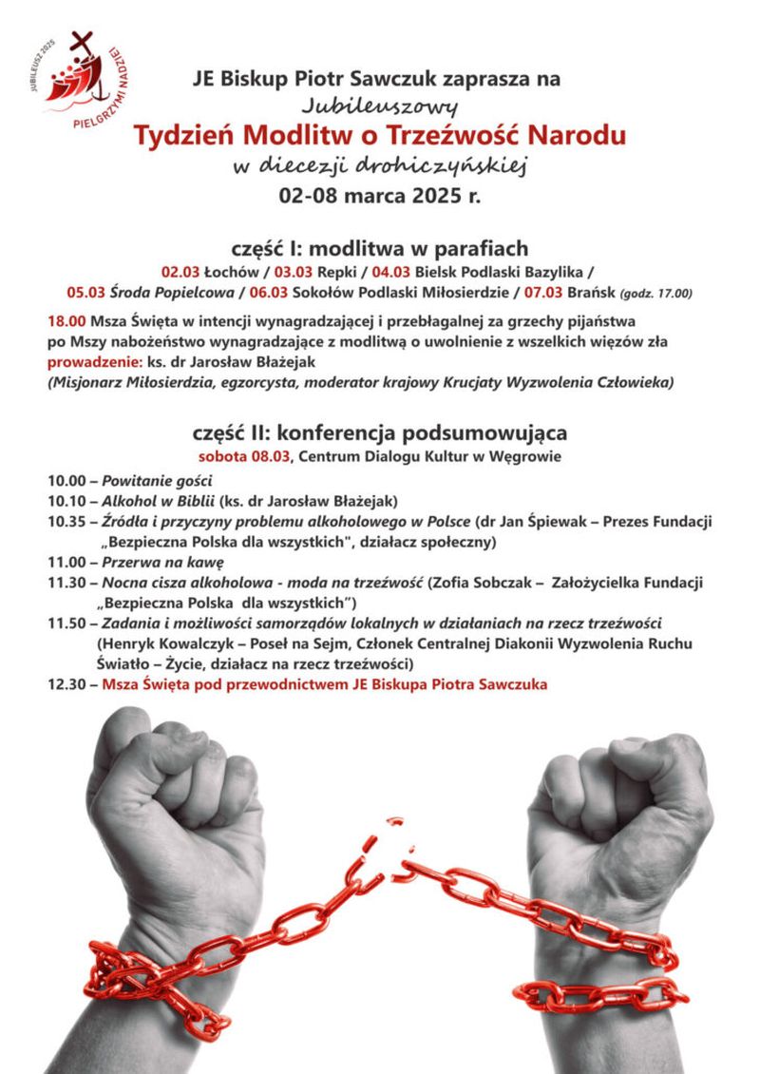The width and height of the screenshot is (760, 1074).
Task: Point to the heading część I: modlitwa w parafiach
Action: tap(379, 249)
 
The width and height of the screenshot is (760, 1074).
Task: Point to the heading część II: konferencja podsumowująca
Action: tap(379, 432)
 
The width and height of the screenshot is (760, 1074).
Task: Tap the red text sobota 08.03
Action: tap(250, 455)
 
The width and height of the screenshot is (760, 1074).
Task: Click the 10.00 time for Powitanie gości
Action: tap(66, 480)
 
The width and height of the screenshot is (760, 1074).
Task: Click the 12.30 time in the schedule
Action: tap(66, 684)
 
